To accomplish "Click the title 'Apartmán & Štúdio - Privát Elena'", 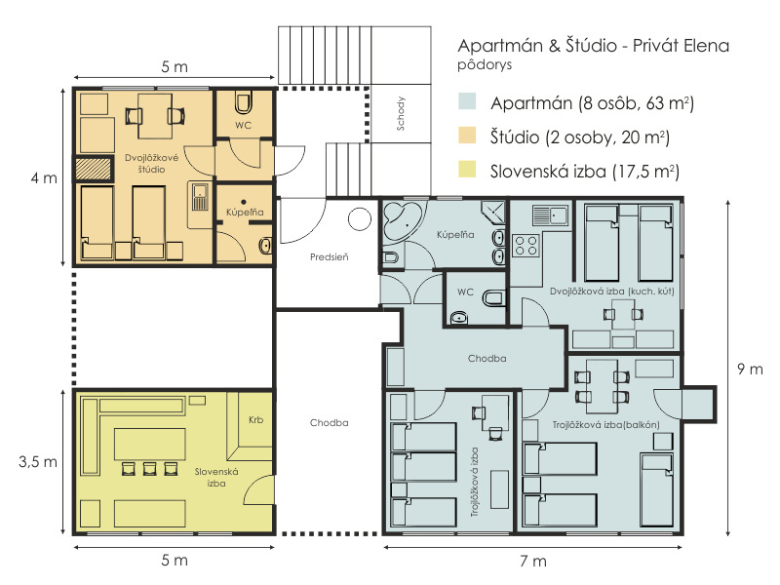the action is coord(593,45).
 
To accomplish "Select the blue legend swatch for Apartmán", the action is coord(467,101).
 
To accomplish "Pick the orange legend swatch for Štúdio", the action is coord(467,136).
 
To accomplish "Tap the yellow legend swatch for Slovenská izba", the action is coord(467,169).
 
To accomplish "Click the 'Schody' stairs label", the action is coord(401,113).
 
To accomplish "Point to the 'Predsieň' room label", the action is coord(329,257).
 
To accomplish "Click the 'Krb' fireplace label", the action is coord(255,420).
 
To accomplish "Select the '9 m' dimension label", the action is coord(750,370).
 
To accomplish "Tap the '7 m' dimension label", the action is coord(532,562).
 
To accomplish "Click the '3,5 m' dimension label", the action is coord(38,462).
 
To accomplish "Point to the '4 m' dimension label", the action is coord(44,178).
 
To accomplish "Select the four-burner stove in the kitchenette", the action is coord(526,246).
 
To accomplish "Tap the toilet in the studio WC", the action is coord(243,102).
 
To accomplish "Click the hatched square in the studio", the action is coord(93,169).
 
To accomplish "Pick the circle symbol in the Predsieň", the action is coord(359,218).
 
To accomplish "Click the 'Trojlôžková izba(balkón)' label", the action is coord(605,425).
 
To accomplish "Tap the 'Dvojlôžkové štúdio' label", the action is coord(152,164).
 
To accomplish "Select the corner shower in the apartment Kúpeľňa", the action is coord(493,213).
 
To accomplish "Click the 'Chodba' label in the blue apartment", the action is coord(487,358).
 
